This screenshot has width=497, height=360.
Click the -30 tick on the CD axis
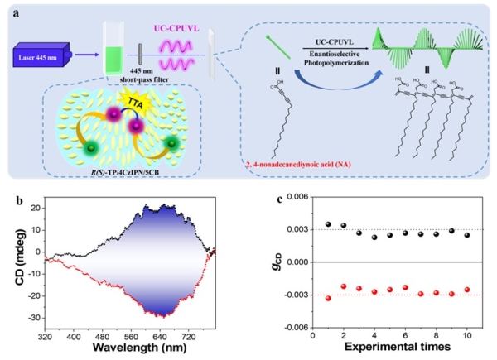point(30,318)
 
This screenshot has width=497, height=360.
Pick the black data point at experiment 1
point(328,224)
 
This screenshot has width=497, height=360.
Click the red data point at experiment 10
point(467,290)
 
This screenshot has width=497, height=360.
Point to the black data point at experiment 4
point(374,237)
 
